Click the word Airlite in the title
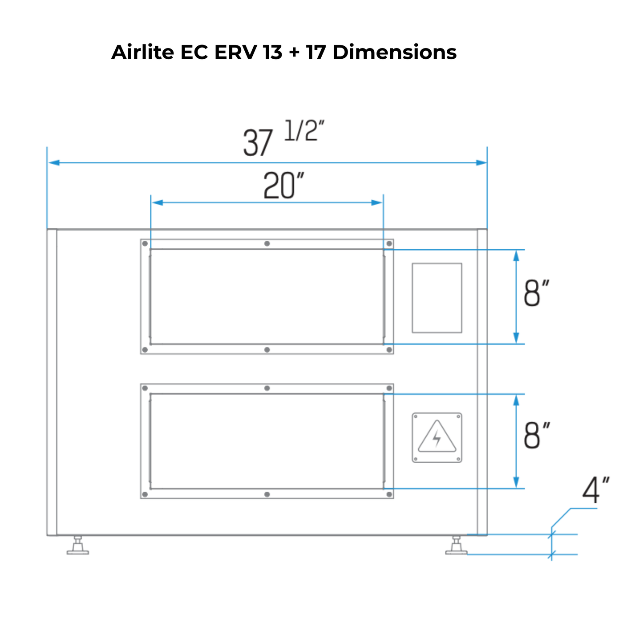[x=142, y=52]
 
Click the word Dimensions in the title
[x=394, y=52]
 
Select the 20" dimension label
[x=283, y=186]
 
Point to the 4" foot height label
[x=595, y=491]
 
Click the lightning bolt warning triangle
[x=437, y=437]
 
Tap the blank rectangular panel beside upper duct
[x=437, y=298]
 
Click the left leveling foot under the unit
[x=78, y=546]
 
